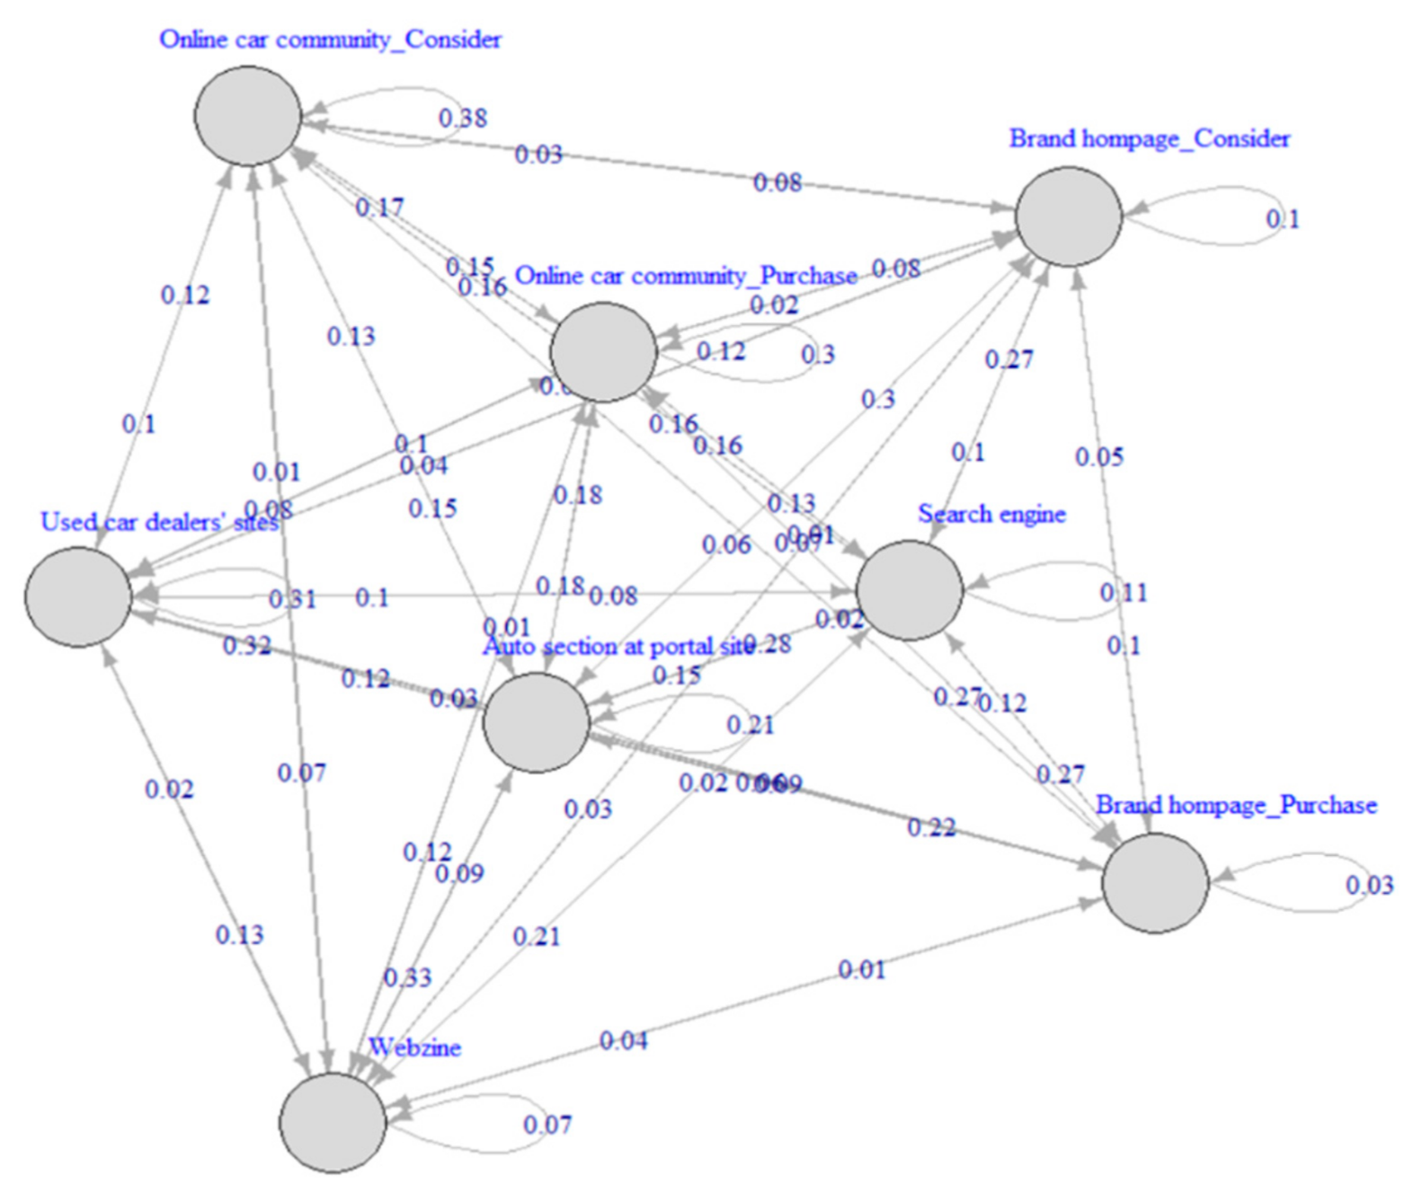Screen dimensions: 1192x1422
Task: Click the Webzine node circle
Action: tap(333, 1122)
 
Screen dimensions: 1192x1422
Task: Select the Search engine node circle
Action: tap(910, 590)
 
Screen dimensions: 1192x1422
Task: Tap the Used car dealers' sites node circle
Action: tap(79, 596)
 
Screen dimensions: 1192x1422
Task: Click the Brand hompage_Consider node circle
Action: tap(1069, 216)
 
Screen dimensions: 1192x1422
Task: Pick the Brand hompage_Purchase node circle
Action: tap(1155, 882)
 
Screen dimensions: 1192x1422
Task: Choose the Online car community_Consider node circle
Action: tap(248, 115)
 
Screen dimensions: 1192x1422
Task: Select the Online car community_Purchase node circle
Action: tap(603, 352)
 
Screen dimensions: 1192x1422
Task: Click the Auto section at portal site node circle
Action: tap(536, 722)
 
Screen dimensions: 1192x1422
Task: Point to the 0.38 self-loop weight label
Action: tap(463, 118)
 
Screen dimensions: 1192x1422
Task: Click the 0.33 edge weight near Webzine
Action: tap(407, 977)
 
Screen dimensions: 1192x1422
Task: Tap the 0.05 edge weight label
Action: tap(1099, 457)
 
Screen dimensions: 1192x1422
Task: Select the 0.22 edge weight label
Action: tap(931, 827)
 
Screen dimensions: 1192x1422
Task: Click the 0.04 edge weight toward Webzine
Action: tap(623, 1041)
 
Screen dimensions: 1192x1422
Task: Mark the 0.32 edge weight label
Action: tap(246, 645)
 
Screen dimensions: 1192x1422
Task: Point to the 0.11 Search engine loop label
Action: tap(1124, 593)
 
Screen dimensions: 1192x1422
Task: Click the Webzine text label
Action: tap(414, 1047)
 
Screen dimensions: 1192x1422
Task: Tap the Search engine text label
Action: tap(991, 514)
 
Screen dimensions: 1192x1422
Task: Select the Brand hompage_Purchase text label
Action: tap(1236, 805)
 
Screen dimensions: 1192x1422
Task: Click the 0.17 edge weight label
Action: tap(379, 207)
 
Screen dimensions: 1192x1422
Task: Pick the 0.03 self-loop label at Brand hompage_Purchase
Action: tap(1369, 886)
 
